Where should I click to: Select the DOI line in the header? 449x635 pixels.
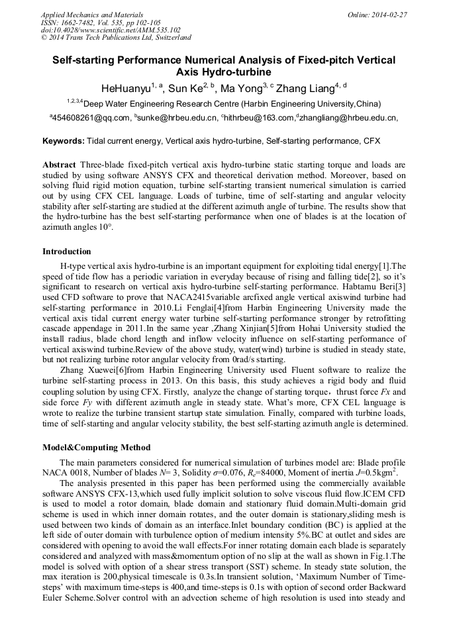111,30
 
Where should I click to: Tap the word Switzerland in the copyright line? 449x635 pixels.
170,38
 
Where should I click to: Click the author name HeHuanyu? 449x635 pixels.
125,88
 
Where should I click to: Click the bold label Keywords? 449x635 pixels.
64,141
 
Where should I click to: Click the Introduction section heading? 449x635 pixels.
67,252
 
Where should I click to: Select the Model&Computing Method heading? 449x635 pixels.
96,447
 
